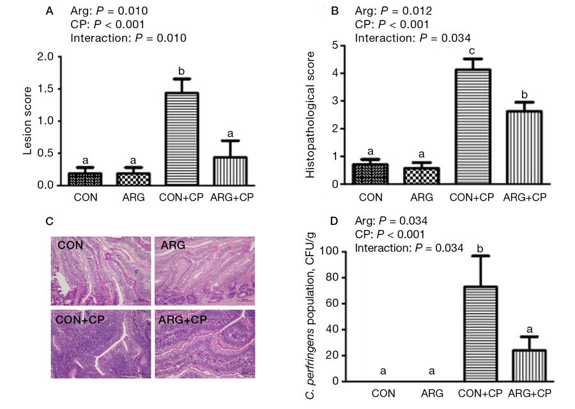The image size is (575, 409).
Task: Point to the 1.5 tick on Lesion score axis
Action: point(53,89)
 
